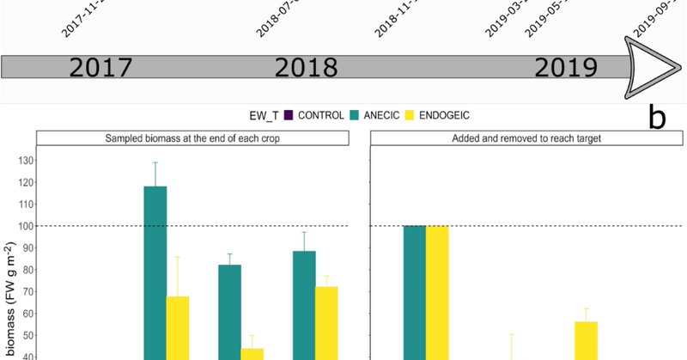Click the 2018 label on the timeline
coord(306,68)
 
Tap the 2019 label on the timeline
coord(564,68)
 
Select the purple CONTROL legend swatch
coord(289,116)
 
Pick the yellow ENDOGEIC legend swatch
coord(410,116)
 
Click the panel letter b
coord(656,118)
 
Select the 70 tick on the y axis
coord(21,291)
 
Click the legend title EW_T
coord(262,116)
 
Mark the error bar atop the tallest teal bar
coord(155,174)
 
